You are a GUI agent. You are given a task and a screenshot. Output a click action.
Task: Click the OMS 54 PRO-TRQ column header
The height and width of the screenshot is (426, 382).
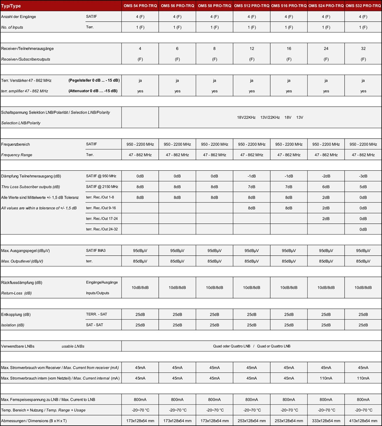(140, 6)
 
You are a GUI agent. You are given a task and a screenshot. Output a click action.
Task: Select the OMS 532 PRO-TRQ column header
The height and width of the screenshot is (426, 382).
(363, 6)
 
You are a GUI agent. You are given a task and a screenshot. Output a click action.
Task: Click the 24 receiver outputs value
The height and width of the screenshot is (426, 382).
(326, 49)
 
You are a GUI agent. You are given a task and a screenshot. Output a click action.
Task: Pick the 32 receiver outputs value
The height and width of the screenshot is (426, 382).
(363, 49)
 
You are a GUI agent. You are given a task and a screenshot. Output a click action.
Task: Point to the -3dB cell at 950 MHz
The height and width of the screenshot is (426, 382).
(363, 176)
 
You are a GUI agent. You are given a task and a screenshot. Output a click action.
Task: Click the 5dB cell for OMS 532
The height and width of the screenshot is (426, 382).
(363, 187)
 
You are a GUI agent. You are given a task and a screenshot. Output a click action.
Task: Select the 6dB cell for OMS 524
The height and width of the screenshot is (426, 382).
(326, 187)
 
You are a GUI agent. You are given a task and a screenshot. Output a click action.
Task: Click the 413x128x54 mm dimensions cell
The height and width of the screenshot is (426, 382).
(363, 421)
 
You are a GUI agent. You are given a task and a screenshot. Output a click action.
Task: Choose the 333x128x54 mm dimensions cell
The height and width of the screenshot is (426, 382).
(326, 421)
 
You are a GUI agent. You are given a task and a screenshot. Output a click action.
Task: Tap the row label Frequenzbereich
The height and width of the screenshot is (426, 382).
(16, 144)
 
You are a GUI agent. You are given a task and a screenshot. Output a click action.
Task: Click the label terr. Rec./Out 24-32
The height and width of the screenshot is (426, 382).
(102, 229)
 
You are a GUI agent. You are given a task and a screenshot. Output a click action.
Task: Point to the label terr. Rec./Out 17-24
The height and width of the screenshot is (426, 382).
(102, 219)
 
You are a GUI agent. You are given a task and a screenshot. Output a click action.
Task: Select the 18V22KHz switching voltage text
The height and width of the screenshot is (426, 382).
(246, 117)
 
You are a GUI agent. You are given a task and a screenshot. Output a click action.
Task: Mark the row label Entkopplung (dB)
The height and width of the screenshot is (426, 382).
(16, 314)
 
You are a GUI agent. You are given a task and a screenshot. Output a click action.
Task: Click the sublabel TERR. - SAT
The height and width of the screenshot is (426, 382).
(97, 314)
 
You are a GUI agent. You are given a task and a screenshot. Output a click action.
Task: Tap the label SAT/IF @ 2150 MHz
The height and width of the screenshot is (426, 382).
(102, 187)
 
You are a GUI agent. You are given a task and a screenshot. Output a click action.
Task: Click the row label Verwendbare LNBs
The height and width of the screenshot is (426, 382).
(18, 346)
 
